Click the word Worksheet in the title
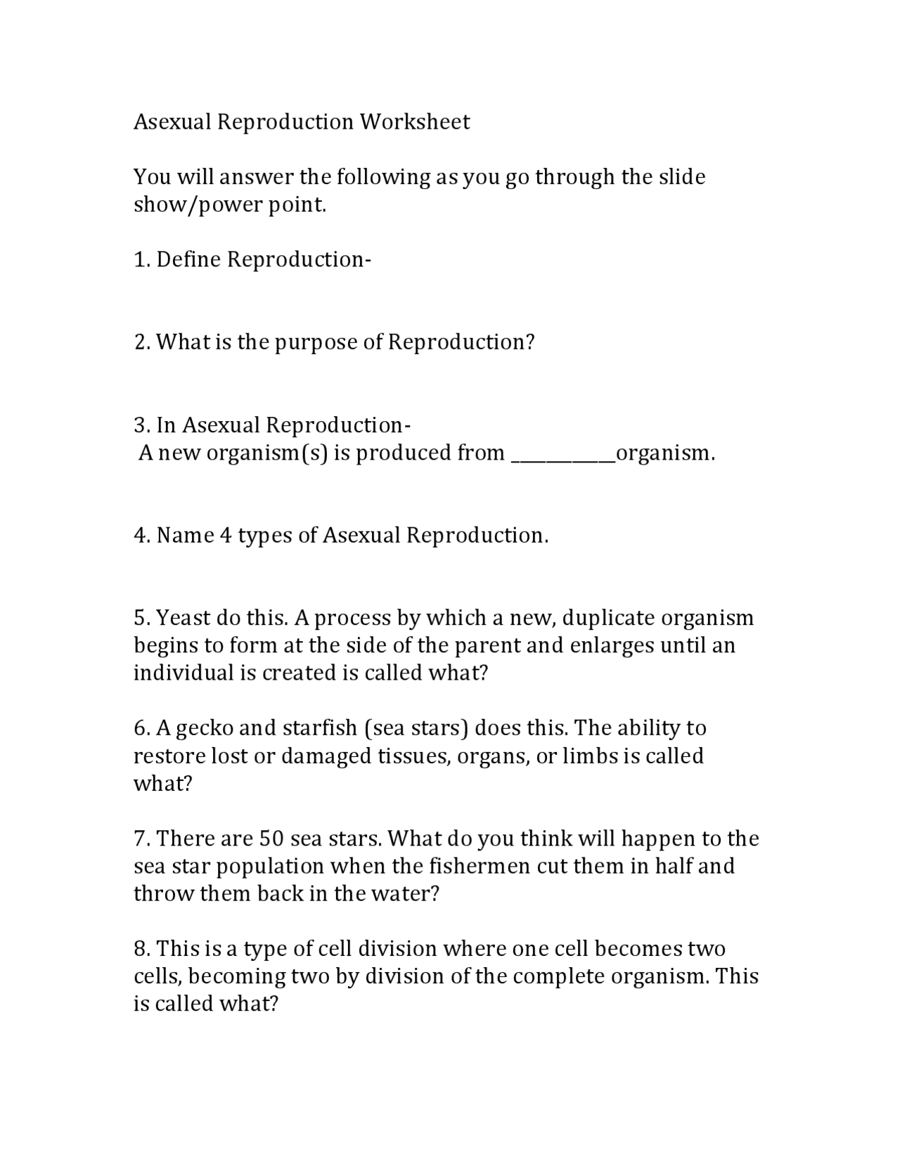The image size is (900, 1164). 415,122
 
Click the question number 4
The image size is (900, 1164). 141,536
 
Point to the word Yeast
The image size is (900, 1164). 183,619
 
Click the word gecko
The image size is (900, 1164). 205,728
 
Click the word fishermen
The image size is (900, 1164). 470,866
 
